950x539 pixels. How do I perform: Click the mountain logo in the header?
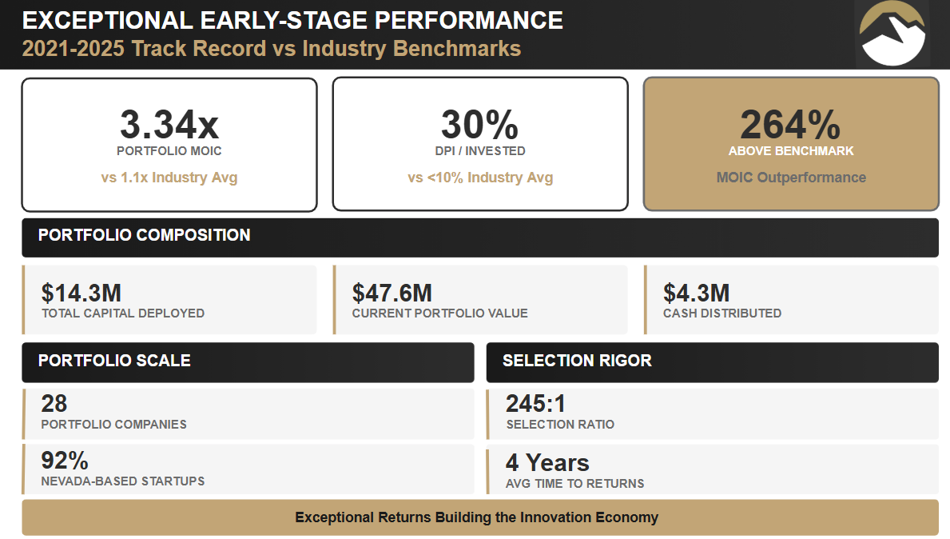892,33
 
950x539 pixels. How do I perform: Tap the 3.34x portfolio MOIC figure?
169,124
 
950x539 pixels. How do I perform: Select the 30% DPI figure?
479,124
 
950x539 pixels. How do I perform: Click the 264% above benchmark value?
790,124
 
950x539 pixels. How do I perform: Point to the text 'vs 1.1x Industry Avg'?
169,178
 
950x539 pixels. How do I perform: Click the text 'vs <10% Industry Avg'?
480,178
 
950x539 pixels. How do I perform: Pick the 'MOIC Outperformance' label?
790,178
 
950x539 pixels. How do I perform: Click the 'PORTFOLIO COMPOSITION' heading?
145,235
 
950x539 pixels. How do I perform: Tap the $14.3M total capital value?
81,293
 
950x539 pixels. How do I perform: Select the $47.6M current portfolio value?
392,293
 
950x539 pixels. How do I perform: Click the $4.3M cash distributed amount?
696,293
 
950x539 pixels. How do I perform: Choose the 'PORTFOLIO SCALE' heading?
114,361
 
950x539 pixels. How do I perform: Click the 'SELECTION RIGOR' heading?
577,361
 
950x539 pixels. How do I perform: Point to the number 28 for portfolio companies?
54,404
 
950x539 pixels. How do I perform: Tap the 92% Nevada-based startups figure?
65,461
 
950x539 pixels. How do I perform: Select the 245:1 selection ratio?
535,404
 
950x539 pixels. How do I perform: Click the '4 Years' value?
547,463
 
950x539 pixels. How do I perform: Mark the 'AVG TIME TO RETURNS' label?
575,483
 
